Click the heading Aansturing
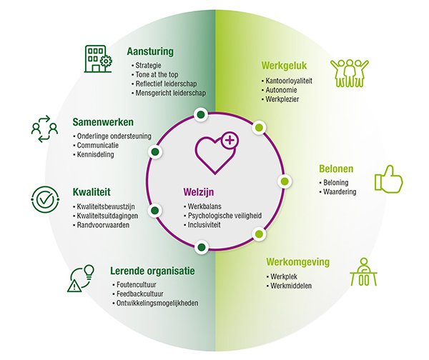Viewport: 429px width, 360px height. [149, 52]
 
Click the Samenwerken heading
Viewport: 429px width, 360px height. [103, 122]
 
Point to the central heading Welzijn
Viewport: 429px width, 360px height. [199, 192]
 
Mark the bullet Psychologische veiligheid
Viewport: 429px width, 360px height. [221, 214]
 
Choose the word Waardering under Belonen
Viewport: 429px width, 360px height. [340, 192]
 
